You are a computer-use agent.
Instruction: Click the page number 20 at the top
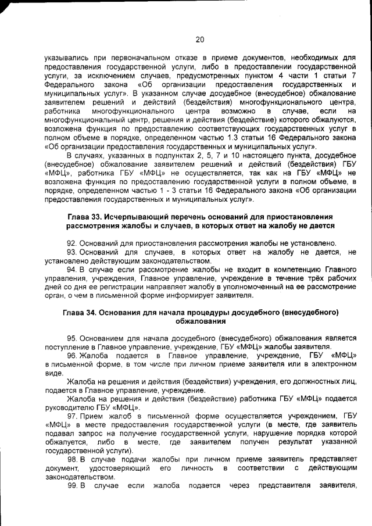(x=200, y=40)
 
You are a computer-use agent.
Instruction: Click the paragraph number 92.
(x=71, y=242)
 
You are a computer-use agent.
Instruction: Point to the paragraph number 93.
(x=71, y=252)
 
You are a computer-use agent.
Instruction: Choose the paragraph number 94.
(x=71, y=270)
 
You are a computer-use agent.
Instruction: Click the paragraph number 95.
(x=71, y=338)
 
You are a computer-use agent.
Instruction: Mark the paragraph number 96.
(x=71, y=355)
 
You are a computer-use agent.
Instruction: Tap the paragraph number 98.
(x=71, y=459)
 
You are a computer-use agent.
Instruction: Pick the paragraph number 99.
(x=71, y=485)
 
